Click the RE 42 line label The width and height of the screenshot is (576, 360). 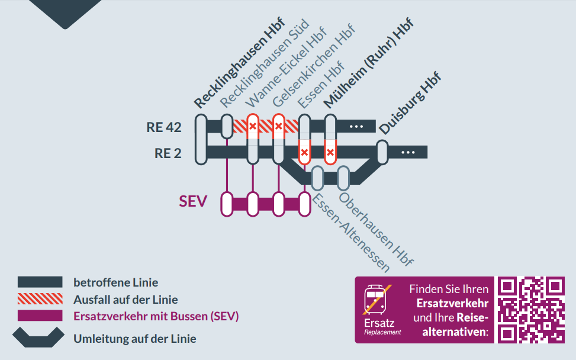coord(164,127)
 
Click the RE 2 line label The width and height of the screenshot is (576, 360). coord(168,153)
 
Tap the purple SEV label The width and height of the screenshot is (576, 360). coord(193,202)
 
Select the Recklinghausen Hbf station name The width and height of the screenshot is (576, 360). coord(239,63)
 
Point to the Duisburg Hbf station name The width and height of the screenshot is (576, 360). coord(410,105)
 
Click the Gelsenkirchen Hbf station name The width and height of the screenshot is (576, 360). coord(313,66)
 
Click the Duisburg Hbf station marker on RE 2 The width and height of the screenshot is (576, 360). coord(382,152)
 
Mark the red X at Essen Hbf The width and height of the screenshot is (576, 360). coord(304,153)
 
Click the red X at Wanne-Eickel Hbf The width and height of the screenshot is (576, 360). coord(253,126)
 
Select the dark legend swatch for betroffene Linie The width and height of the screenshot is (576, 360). coord(40,282)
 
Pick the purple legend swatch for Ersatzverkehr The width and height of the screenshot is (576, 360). coord(40,316)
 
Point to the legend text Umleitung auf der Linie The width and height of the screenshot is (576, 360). coord(135,339)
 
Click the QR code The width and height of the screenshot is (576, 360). coord(530,310)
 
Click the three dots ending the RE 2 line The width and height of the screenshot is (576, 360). coord(408,153)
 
